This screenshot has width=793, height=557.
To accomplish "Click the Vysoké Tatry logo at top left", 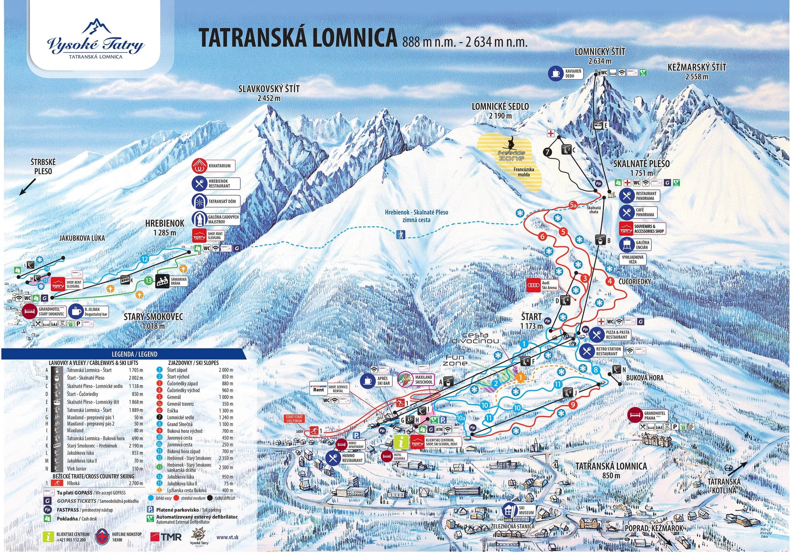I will click(x=95, y=39).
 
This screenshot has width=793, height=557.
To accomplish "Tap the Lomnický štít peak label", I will click(x=600, y=52).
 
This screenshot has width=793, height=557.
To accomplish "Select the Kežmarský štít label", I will click(x=696, y=68).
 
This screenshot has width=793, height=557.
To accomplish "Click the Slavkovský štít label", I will click(x=269, y=89).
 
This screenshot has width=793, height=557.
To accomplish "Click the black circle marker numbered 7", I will click(x=548, y=152).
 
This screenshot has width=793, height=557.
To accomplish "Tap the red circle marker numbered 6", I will click(x=542, y=237).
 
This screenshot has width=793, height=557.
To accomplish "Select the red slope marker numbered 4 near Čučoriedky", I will click(x=610, y=282).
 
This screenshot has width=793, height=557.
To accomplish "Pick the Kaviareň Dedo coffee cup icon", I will click(x=556, y=73).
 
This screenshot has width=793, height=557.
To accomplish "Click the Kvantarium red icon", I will click(x=199, y=166).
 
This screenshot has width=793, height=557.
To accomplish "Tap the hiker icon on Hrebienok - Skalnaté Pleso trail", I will click(x=400, y=235).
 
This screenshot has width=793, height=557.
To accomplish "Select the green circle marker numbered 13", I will click(x=149, y=281).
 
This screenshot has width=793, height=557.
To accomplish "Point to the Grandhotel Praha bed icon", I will click(x=635, y=415).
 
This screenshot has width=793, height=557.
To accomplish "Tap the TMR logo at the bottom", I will click(x=166, y=537).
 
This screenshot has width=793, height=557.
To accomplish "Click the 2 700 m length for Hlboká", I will click(x=136, y=483).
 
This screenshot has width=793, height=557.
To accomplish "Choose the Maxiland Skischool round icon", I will click(x=405, y=379).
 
